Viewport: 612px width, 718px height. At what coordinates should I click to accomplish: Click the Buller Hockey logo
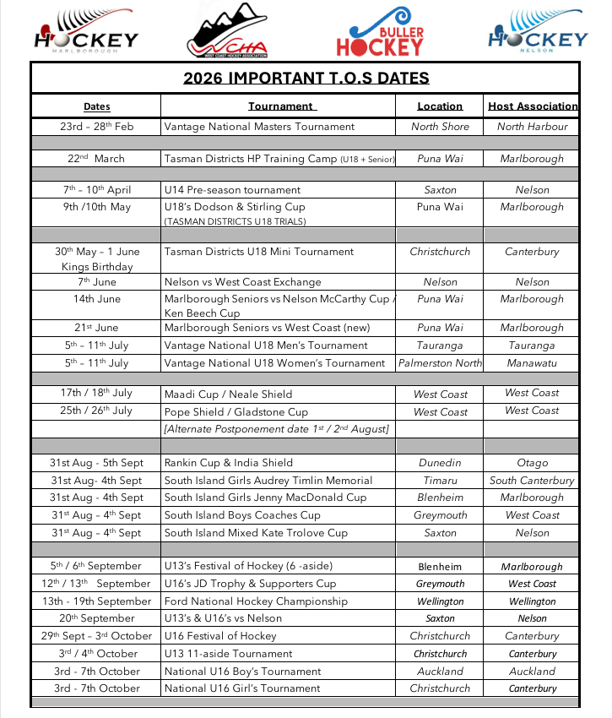coord(380,32)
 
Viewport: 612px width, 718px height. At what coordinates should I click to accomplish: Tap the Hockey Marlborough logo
coord(85,32)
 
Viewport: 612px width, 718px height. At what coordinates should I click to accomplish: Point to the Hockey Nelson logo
coord(537,32)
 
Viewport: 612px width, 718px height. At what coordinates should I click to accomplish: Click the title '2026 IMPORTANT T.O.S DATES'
coord(306,79)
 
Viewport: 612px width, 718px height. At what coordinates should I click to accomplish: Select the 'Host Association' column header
coord(533,106)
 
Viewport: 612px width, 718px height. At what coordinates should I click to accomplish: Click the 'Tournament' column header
coord(281,106)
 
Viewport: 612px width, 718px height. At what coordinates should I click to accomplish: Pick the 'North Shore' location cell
coord(440,127)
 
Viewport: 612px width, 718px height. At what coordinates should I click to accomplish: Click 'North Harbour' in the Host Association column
coord(532,127)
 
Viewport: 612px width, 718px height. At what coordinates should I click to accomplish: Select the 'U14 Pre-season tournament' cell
coord(232,190)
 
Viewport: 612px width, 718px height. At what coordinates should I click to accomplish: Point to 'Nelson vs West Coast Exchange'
coord(242,282)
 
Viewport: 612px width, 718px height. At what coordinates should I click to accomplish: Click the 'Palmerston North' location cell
coord(440,363)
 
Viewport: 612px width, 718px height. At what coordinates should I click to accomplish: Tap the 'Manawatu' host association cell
coord(532,363)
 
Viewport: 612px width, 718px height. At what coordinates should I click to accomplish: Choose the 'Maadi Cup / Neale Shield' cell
coord(228,394)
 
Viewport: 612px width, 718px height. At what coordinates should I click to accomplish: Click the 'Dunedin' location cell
coord(440,463)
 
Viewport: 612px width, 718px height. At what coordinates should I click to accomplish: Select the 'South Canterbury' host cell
coord(532,481)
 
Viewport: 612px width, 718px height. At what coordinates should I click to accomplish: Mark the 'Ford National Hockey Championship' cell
coord(256,601)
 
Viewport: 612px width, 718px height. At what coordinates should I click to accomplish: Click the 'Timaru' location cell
coord(440,481)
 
